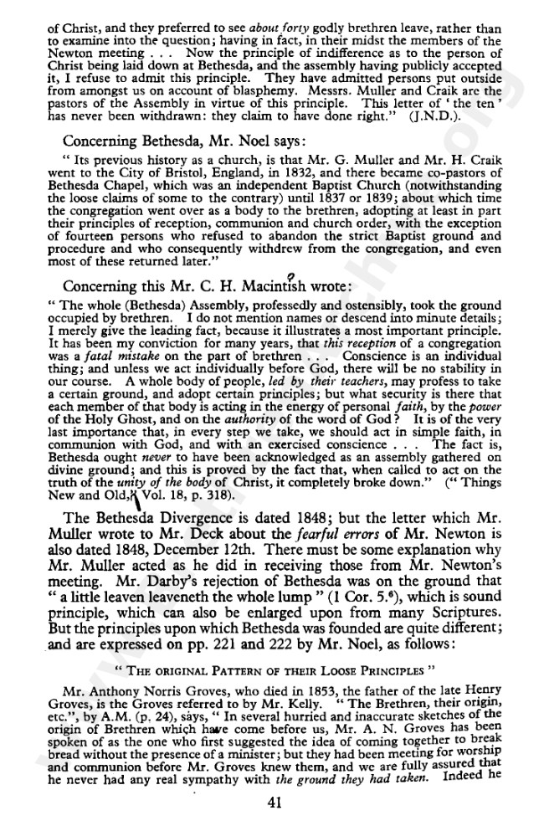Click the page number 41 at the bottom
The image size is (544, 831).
pyautogui.click(x=272, y=802)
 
